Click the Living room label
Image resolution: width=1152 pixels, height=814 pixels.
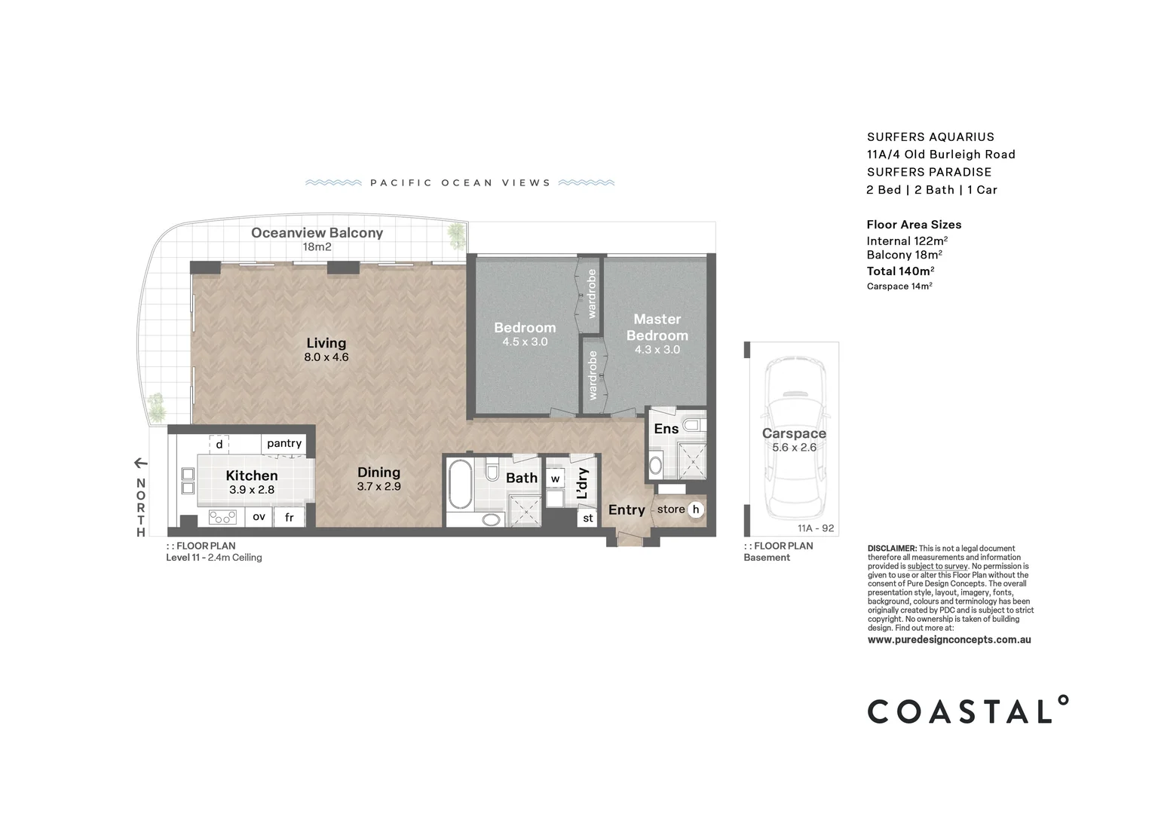click(326, 343)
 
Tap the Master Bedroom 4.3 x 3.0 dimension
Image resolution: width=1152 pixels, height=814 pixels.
click(657, 350)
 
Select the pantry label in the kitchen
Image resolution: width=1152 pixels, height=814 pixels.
click(283, 443)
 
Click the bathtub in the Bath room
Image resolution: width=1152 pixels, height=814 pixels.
click(460, 485)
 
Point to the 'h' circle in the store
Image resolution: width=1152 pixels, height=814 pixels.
click(696, 510)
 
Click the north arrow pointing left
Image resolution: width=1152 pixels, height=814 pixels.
click(140, 463)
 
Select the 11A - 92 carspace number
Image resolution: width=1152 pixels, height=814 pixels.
click(816, 528)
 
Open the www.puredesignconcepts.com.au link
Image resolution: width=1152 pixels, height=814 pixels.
click(948, 640)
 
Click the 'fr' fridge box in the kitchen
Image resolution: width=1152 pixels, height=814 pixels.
click(289, 517)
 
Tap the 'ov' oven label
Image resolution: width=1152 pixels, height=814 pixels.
click(259, 516)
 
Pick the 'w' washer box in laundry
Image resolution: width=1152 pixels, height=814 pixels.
click(555, 479)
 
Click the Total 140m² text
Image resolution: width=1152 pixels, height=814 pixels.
click(900, 271)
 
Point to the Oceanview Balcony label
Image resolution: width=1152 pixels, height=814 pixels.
click(317, 233)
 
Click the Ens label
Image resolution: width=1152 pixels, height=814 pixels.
click(666, 429)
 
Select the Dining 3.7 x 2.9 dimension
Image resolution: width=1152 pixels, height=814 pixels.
click(378, 487)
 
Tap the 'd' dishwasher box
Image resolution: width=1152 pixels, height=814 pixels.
click(219, 444)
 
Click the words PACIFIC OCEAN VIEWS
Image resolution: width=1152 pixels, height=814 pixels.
click(460, 183)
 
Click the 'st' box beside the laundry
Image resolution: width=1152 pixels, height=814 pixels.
click(588, 518)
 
